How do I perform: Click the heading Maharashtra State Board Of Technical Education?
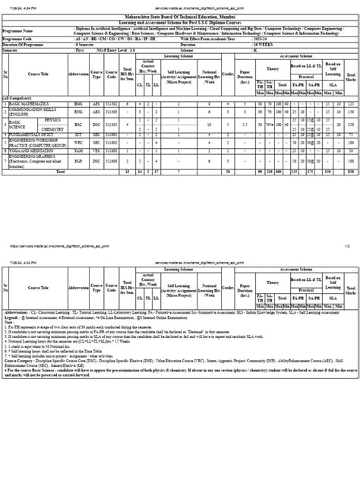179,14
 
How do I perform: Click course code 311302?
112,102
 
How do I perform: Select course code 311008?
112,161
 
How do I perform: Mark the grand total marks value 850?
350,172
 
